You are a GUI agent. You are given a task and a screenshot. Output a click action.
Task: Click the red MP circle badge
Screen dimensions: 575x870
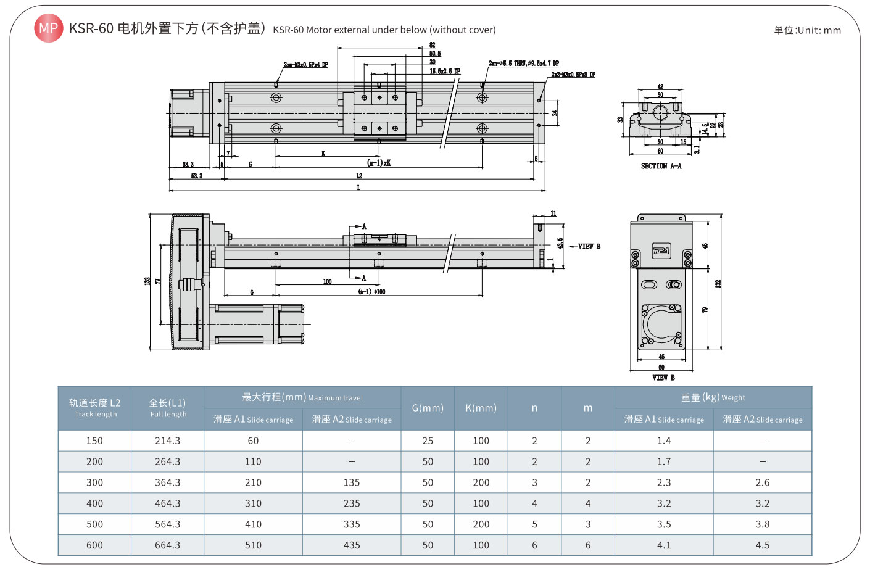pos(48,28)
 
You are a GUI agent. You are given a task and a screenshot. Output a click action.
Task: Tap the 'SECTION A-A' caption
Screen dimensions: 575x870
pos(661,166)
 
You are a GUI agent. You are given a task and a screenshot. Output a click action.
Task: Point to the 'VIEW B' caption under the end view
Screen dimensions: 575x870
pos(663,378)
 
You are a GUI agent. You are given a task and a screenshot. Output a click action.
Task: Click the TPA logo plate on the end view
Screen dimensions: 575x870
pos(661,251)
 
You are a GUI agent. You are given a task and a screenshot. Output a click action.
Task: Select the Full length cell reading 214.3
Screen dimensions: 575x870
pos(167,441)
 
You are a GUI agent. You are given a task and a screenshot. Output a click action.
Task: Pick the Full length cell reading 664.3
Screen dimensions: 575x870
pos(167,545)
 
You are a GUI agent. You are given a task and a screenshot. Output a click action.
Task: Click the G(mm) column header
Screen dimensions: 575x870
pos(428,408)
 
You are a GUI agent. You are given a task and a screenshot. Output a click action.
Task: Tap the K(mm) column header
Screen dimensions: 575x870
pos(481,408)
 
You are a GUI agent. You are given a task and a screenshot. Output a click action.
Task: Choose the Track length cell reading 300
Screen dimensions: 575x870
pos(94,482)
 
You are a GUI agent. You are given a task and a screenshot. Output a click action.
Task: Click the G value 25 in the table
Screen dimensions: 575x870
pos(428,441)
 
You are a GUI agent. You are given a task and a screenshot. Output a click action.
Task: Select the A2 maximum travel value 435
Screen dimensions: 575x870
pos(352,545)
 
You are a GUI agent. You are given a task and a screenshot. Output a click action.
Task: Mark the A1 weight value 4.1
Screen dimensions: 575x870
pos(664,545)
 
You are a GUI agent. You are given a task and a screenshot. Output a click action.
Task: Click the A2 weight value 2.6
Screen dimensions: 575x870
pos(763,482)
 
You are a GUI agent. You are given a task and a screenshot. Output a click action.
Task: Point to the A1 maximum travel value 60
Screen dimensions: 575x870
pos(253,441)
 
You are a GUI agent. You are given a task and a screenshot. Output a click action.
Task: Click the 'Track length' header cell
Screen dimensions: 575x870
pos(94,408)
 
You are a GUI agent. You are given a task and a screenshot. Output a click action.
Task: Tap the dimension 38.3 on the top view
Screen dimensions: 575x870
pos(188,164)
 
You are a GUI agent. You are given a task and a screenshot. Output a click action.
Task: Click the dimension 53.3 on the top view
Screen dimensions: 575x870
pos(196,176)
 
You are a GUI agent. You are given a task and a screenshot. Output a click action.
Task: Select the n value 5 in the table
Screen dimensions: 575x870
pos(534,524)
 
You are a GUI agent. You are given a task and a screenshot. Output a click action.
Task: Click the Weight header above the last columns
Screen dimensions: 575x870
pos(713,397)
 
